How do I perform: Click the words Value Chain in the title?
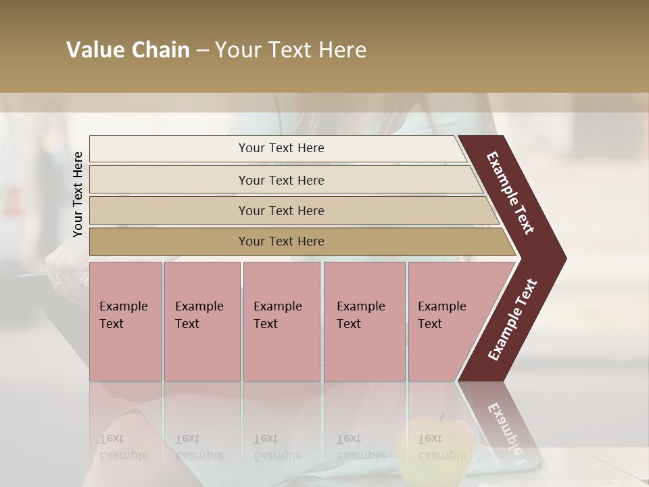click(x=128, y=50)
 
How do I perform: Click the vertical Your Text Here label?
click(x=78, y=194)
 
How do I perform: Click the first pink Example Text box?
click(x=125, y=321)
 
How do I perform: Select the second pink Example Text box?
click(x=201, y=321)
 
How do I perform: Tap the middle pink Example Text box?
click(x=281, y=321)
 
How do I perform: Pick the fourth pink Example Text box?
click(x=364, y=321)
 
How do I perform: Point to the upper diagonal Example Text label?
click(x=510, y=193)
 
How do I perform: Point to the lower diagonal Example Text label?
click(x=512, y=320)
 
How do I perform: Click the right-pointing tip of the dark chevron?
click(x=562, y=258)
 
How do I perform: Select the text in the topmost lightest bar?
click(x=281, y=148)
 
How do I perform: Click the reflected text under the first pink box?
click(x=123, y=447)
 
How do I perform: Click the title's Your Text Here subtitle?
click(x=291, y=50)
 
